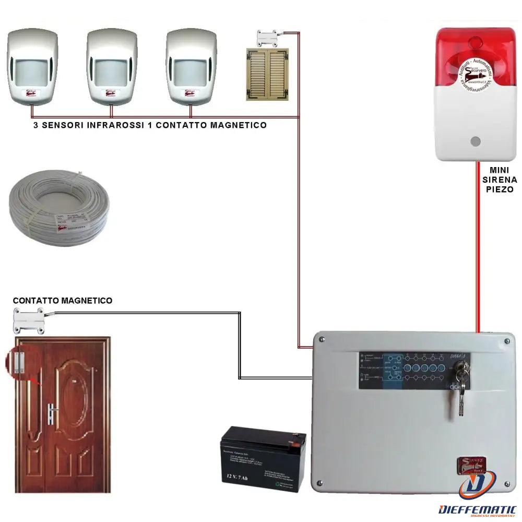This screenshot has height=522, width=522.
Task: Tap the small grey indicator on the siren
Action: (474, 141)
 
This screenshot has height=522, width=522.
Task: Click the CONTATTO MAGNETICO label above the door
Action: (62, 301)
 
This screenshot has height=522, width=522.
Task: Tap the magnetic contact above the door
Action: (29, 320)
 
